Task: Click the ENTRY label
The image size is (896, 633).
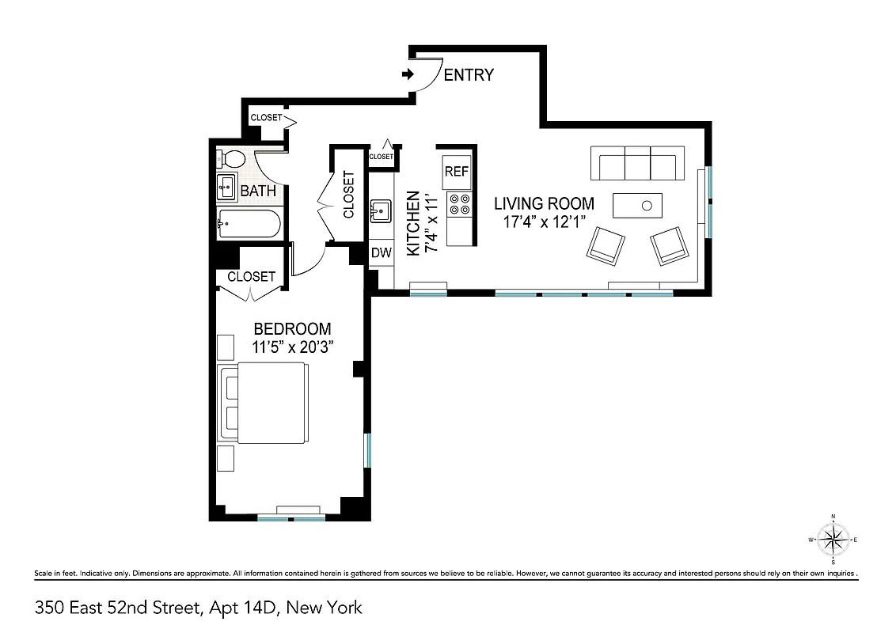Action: click(x=469, y=75)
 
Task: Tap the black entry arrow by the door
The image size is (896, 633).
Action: click(x=408, y=74)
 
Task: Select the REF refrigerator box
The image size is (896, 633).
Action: click(x=457, y=171)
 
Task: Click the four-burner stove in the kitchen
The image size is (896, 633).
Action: click(x=458, y=205)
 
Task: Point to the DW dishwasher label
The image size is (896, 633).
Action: click(x=382, y=253)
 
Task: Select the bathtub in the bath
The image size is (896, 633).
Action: click(x=249, y=226)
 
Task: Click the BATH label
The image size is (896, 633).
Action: click(x=258, y=191)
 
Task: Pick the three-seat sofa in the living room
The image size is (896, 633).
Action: click(x=637, y=164)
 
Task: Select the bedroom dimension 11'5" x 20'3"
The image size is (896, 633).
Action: click(x=292, y=347)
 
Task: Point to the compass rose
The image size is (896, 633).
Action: click(x=833, y=540)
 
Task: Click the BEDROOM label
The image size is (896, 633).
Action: click(x=292, y=328)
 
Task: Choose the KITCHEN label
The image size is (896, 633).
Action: click(x=412, y=223)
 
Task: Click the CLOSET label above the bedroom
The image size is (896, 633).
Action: click(x=251, y=277)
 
